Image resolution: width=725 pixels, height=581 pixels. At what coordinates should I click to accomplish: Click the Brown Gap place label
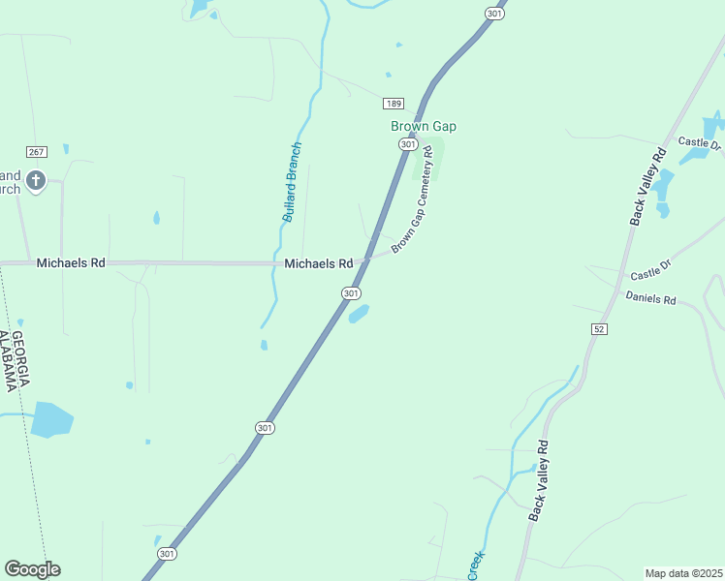tap(423, 126)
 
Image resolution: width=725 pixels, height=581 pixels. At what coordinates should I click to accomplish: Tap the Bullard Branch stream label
tap(293, 182)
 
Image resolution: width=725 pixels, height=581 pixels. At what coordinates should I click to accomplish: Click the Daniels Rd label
tap(650, 298)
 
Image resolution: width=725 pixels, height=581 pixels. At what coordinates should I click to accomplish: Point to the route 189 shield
tap(393, 104)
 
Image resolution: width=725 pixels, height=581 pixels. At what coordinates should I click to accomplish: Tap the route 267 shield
tap(37, 152)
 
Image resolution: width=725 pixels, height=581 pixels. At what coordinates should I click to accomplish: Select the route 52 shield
tap(600, 329)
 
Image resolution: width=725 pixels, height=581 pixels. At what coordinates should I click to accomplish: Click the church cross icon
tap(36, 180)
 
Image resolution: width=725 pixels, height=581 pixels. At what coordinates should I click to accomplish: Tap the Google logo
tap(32, 569)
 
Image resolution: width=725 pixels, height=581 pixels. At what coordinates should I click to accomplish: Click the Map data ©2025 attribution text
tap(683, 573)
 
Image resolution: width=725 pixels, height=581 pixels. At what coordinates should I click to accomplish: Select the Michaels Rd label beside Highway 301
tap(318, 263)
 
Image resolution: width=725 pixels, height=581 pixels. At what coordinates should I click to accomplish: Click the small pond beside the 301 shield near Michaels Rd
tap(359, 314)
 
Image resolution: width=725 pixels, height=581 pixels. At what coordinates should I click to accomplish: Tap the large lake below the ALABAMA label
tap(51, 420)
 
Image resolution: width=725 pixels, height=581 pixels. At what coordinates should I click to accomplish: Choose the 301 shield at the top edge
tap(494, 14)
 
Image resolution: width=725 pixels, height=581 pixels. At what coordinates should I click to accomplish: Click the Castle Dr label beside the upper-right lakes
tap(700, 142)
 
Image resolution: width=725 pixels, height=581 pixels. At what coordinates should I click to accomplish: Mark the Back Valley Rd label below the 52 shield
tap(539, 481)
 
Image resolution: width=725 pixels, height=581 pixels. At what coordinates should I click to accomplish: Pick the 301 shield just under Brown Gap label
tap(408, 144)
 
